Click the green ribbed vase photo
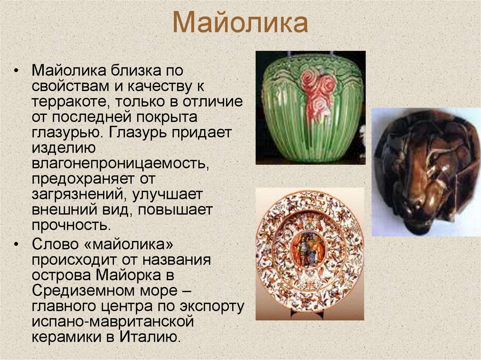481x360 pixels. click(310, 108)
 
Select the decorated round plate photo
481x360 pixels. click(310, 254)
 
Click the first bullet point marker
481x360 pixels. click(17, 71)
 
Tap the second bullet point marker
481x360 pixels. click(17, 245)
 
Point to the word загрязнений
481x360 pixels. click(75, 194)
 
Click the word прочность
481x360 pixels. click(70, 224)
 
